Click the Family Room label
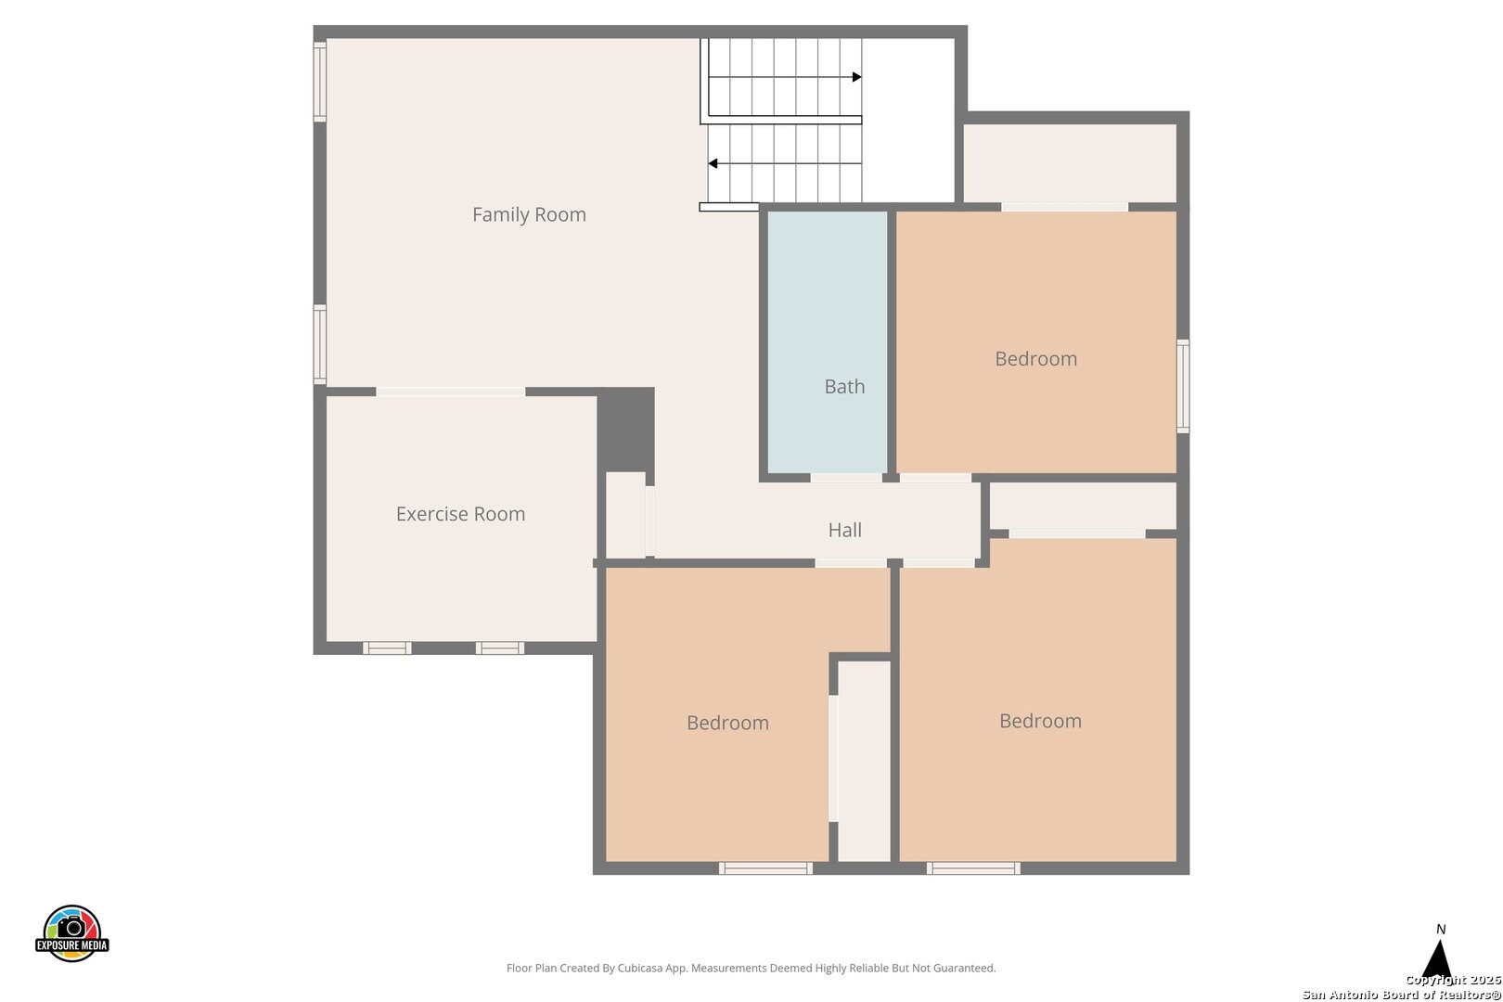click(529, 214)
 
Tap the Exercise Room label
click(460, 514)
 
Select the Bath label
click(844, 387)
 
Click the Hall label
click(845, 530)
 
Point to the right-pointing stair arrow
click(785, 77)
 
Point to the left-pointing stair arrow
click(785, 164)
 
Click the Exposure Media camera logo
click(71, 932)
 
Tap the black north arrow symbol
click(1437, 958)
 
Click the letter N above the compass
click(1441, 930)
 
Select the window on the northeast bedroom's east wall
click(1184, 386)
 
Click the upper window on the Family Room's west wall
click(320, 82)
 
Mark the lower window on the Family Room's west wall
click(320, 344)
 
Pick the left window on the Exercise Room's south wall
click(387, 649)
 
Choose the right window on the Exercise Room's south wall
click(500, 649)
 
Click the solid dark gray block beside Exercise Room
click(626, 430)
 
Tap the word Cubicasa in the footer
click(642, 968)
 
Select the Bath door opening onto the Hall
click(846, 478)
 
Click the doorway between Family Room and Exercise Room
click(451, 392)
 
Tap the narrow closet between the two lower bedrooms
click(865, 761)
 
